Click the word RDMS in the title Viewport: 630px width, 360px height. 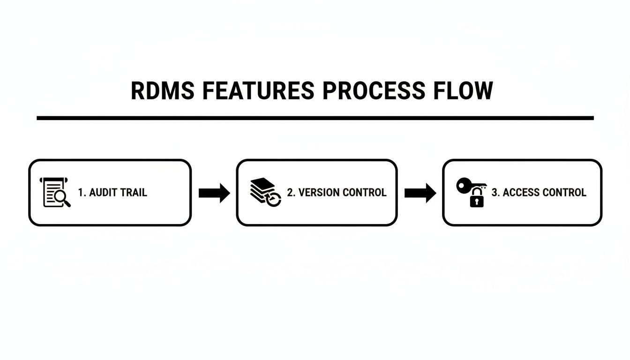pyautogui.click(x=162, y=90)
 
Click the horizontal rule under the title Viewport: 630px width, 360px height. pyautogui.click(x=315, y=118)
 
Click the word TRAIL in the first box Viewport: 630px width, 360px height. pyautogui.click(x=135, y=192)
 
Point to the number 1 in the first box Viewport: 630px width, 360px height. pyautogui.click(x=81, y=192)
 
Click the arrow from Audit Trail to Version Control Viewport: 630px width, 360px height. pyautogui.click(x=214, y=193)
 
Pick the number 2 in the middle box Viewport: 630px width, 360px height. pyautogui.click(x=290, y=192)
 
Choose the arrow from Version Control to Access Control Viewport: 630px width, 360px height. pyautogui.click(x=420, y=193)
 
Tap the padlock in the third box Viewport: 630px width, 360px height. pyautogui.click(x=476, y=199)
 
